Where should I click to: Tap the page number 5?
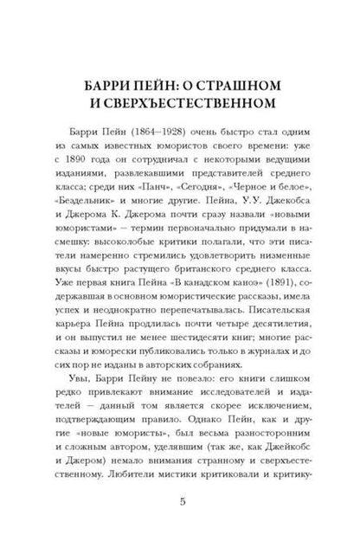point(179,525)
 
